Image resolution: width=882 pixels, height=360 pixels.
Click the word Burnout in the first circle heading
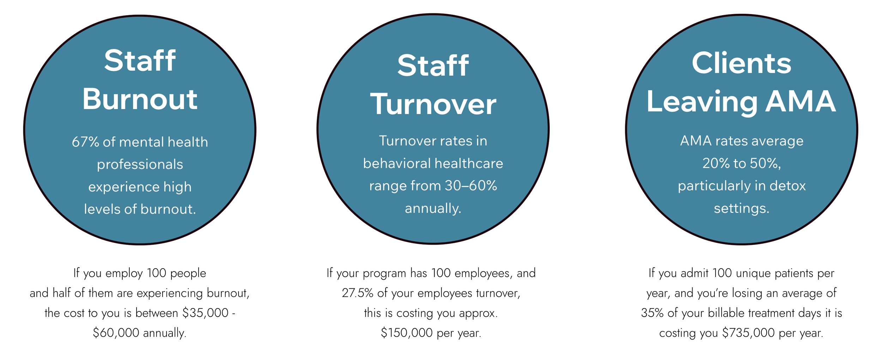[x=140, y=100]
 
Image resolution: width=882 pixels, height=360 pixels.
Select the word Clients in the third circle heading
[x=741, y=64]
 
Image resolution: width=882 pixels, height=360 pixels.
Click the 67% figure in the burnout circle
[x=85, y=142]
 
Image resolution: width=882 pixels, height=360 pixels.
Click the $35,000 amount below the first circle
[x=205, y=313]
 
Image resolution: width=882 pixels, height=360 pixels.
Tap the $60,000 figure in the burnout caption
[x=116, y=333]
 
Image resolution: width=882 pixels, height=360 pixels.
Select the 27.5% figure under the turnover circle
[x=357, y=293]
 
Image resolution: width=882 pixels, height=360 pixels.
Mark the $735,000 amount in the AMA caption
[x=748, y=333]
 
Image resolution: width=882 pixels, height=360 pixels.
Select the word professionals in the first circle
[x=140, y=164]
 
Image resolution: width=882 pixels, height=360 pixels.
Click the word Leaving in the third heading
[x=702, y=102]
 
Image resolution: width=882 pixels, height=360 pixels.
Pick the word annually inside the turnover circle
[x=433, y=209]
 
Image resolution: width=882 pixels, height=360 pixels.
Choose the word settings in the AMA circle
[x=741, y=209]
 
